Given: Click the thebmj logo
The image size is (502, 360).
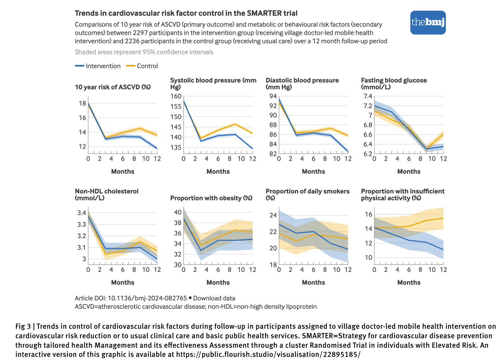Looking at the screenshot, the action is [x=428, y=23].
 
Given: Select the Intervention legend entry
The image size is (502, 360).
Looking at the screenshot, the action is [x=98, y=66].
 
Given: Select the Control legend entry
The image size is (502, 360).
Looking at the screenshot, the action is [x=142, y=66].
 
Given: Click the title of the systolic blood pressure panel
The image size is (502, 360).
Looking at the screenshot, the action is [x=213, y=84].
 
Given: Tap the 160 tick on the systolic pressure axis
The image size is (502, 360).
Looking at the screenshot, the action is [x=176, y=96].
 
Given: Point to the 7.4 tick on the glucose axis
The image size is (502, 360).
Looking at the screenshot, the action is [x=368, y=96].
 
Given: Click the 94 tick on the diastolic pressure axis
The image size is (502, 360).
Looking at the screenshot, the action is [x=273, y=96].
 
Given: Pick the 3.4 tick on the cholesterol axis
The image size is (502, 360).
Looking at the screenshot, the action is [x=82, y=213].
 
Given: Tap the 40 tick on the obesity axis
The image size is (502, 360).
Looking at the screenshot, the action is [x=178, y=212].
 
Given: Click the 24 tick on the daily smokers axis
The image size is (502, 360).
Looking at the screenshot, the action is [x=273, y=215].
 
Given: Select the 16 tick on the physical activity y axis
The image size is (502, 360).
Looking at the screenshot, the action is [x=368, y=214].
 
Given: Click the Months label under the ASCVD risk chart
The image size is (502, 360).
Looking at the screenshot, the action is [x=123, y=171].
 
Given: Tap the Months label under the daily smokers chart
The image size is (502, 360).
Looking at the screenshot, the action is [x=313, y=282].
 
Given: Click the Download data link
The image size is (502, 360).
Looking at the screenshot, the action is [x=214, y=298].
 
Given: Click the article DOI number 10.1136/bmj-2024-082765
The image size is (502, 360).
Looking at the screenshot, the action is [x=147, y=298].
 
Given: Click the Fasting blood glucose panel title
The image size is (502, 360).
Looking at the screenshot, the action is [x=394, y=84].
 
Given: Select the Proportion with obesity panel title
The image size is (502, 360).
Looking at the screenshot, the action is [x=211, y=198].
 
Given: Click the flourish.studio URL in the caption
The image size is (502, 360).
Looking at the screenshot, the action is [x=268, y=354].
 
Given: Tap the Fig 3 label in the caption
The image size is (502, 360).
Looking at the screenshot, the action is [x=23, y=326].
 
